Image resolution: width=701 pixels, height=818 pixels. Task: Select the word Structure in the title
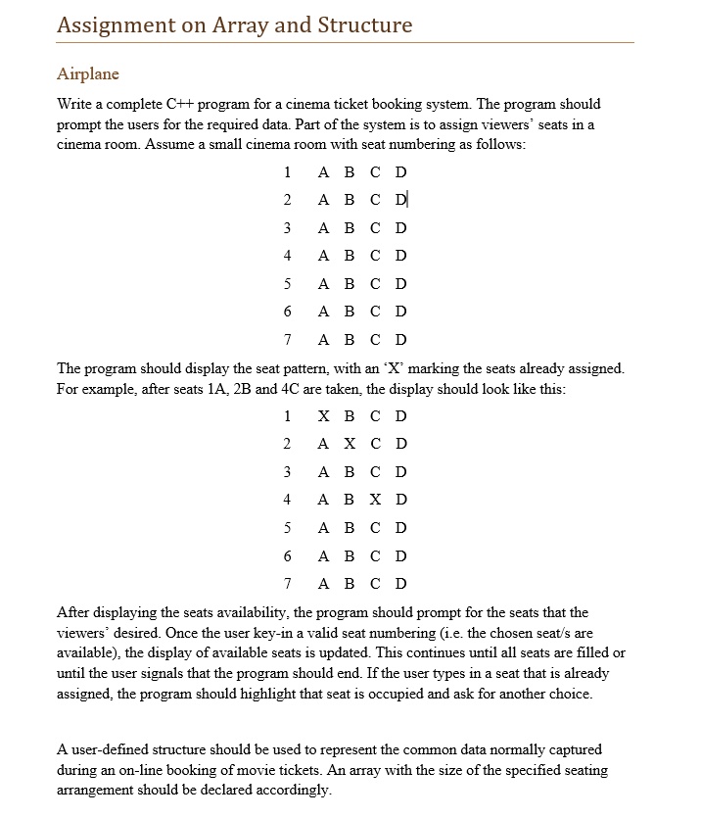pyautogui.click(x=364, y=25)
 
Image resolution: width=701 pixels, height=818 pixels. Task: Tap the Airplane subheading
pyautogui.click(x=88, y=74)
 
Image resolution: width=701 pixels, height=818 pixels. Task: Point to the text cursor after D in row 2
pyautogui.click(x=408, y=200)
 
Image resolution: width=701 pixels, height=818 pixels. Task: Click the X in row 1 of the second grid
pyautogui.click(x=324, y=415)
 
